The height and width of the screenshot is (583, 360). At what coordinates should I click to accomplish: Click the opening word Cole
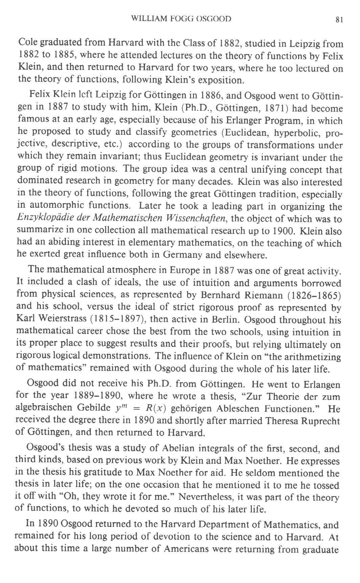tap(28, 43)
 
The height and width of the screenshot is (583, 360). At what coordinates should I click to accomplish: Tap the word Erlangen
tap(318, 385)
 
